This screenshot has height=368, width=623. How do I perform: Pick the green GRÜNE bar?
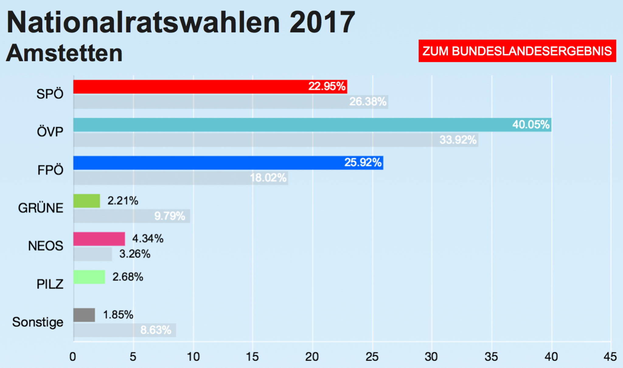click(87, 201)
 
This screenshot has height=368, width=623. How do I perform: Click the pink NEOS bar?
click(99, 239)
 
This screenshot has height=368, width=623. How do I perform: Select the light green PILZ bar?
click(89, 277)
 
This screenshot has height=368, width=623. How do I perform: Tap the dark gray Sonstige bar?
click(84, 315)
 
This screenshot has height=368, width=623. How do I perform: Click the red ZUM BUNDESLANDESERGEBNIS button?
click(517, 51)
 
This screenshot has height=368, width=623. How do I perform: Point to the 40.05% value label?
click(531, 125)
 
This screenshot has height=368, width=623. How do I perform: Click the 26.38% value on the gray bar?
click(368, 102)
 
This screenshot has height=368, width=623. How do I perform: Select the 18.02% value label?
click(268, 178)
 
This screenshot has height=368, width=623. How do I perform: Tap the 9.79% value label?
click(169, 216)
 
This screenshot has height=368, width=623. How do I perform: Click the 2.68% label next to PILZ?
click(128, 277)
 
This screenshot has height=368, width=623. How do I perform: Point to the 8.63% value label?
click(155, 330)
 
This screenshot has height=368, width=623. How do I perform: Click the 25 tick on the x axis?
click(372, 357)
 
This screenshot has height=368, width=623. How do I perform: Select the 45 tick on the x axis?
click(610, 357)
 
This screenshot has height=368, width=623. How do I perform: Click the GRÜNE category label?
click(41, 208)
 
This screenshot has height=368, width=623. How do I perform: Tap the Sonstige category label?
click(38, 322)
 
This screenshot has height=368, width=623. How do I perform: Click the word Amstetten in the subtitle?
click(64, 53)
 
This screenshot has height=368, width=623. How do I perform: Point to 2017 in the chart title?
click(322, 22)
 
